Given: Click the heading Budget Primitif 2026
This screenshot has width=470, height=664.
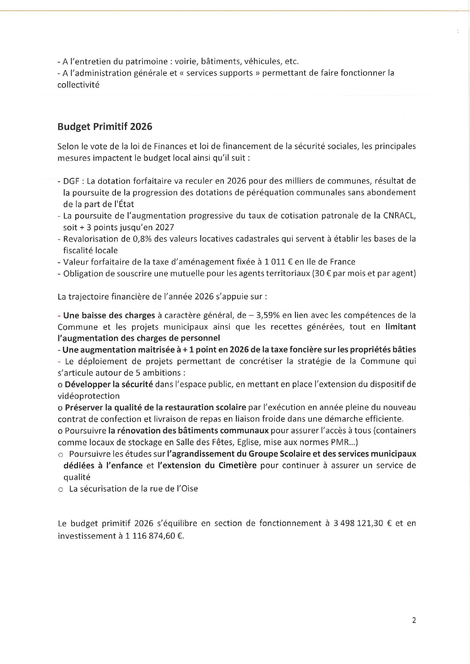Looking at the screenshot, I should click(x=105, y=126).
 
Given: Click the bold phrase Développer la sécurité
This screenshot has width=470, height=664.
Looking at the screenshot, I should click(x=109, y=385).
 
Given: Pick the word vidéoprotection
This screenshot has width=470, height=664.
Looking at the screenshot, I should click(x=89, y=396).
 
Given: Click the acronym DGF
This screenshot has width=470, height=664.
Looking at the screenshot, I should click(x=71, y=181).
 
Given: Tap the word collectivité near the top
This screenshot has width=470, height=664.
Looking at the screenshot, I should click(x=78, y=85).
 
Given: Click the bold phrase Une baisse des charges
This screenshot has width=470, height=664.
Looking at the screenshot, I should click(x=109, y=315).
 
